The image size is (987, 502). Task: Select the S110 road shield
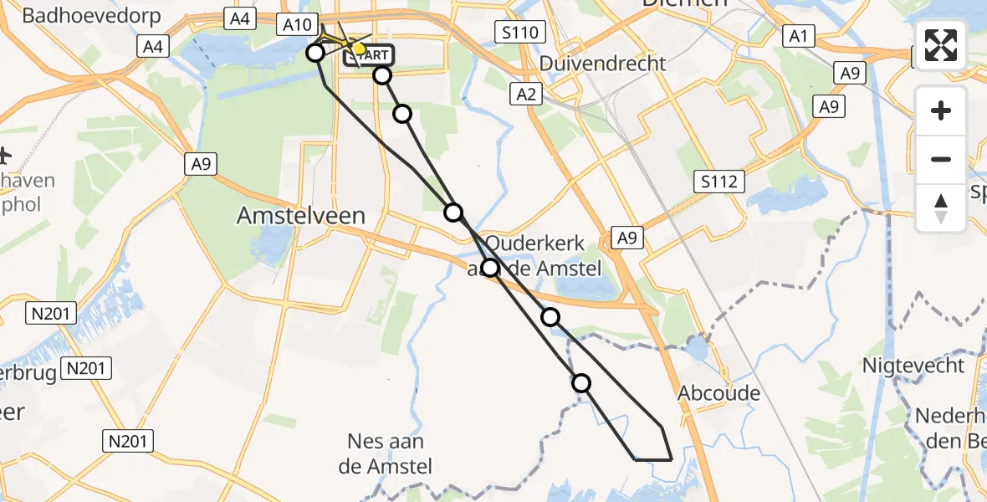(x=520, y=33)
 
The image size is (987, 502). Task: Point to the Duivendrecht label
(x=603, y=63)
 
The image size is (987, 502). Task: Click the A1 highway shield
(x=797, y=35)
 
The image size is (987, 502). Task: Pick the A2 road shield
(x=526, y=95)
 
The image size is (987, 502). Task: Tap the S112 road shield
(x=718, y=180)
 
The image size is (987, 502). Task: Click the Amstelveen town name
(x=301, y=216)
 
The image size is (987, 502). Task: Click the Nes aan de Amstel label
(x=386, y=453)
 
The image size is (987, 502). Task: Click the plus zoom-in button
(x=941, y=110)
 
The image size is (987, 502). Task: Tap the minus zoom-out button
(x=941, y=159)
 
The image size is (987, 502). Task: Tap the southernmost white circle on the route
(x=580, y=383)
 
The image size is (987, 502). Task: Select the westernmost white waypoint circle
(x=315, y=54)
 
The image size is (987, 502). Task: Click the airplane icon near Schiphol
(x=4, y=156)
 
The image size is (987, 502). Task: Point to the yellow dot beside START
(x=359, y=49)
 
